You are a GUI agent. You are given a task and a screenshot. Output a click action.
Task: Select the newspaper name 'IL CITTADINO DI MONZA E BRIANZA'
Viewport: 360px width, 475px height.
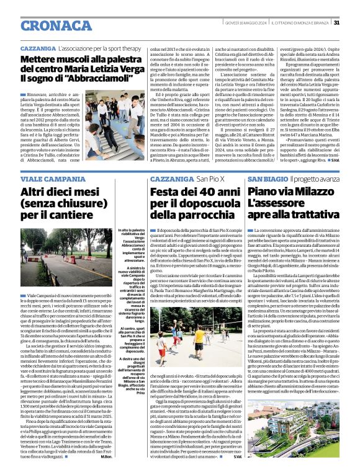[297, 23]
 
